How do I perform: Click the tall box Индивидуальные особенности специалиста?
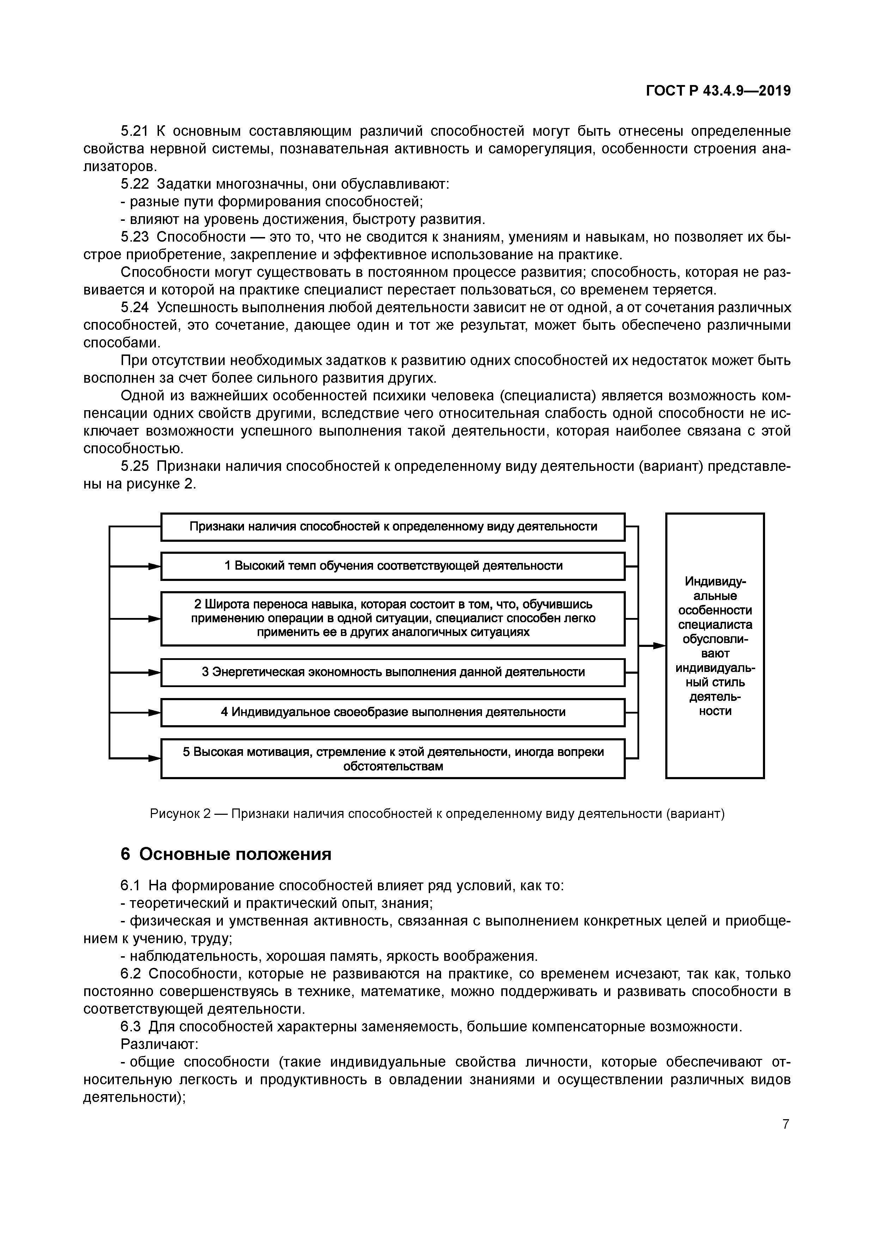(x=715, y=645)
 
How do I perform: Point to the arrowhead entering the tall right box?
(x=660, y=645)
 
